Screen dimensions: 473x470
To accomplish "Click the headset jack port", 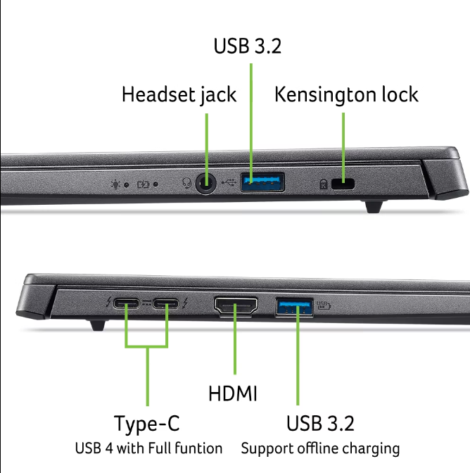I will click(205, 184).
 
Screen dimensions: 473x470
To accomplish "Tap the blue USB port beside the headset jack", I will click(262, 182).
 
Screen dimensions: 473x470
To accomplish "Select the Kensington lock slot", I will click(344, 184).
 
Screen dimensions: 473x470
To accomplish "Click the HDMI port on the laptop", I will click(236, 306).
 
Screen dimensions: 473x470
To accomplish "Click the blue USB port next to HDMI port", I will click(296, 306).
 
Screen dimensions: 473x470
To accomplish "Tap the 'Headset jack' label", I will click(179, 94).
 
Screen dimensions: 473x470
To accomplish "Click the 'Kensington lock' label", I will click(346, 94).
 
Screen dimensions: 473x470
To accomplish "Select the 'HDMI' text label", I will click(233, 393).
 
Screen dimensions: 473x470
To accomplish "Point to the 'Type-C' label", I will click(147, 424).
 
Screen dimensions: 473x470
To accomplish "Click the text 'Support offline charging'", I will click(320, 448).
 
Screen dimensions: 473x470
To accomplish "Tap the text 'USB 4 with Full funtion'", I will click(148, 448).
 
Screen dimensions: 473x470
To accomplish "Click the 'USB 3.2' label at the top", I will click(248, 46).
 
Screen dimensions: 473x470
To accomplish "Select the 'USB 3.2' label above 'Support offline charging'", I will click(320, 424).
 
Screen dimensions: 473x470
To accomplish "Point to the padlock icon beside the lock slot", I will click(323, 185).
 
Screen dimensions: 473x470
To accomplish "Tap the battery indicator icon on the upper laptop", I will click(144, 185).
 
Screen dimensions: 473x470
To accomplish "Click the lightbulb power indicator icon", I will click(116, 185).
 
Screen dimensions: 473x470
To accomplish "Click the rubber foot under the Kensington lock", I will click(374, 206).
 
